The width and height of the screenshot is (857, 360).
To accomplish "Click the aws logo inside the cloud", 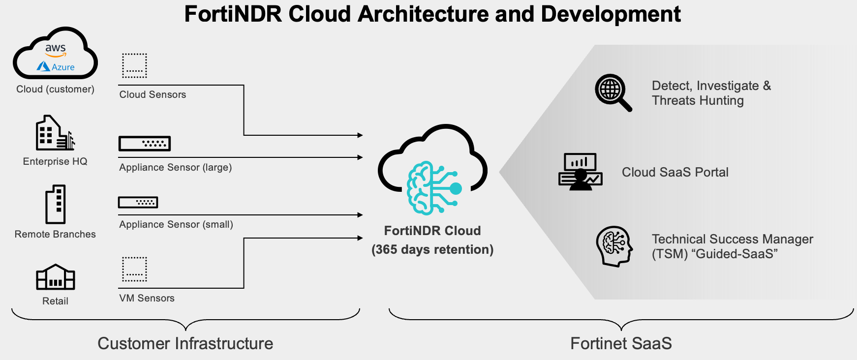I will (x=56, y=50).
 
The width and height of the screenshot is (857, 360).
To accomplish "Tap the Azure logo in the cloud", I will (x=56, y=66).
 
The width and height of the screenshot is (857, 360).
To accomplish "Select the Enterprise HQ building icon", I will (x=55, y=133).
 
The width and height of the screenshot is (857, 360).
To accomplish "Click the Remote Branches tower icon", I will (x=56, y=205).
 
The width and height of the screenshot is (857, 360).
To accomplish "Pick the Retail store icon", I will (x=56, y=277).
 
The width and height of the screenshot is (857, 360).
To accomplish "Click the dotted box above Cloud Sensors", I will (x=134, y=65).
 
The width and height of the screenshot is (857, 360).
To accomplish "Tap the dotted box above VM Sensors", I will (x=134, y=269).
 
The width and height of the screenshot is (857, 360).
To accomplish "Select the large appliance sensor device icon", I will (x=145, y=144).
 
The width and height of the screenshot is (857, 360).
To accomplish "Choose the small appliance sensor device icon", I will (x=138, y=202).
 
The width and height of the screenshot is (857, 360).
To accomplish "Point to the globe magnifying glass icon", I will (x=613, y=92).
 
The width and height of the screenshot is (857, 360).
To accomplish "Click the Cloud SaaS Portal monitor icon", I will (x=581, y=172).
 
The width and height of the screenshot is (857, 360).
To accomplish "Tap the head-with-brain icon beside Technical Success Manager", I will (x=614, y=246).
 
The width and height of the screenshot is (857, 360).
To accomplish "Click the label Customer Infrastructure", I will (x=185, y=343).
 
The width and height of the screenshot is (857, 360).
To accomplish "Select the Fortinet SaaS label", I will (x=621, y=343).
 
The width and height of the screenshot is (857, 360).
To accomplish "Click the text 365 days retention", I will (x=432, y=249).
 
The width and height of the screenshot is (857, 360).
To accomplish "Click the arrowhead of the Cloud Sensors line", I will (x=360, y=135).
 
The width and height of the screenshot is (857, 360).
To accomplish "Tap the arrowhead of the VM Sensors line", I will (x=360, y=238).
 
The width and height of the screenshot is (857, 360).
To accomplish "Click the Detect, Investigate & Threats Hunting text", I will (x=711, y=93).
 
